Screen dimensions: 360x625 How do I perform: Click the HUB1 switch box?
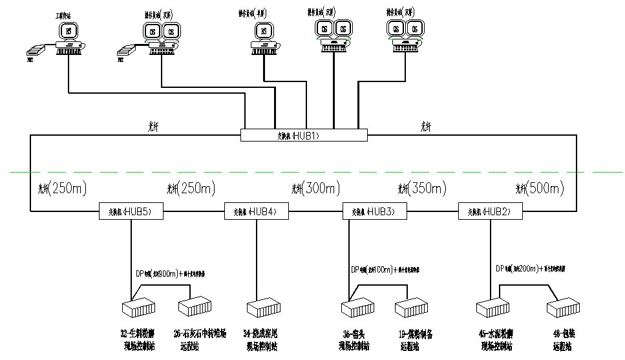(x=303, y=135)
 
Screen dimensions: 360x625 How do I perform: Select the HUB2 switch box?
(x=489, y=211)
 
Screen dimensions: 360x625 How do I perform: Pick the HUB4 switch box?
(x=256, y=211)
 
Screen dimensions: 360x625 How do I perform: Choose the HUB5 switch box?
(x=131, y=211)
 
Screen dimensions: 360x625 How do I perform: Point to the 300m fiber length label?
(x=315, y=189)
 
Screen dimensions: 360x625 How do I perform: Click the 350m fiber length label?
(x=422, y=189)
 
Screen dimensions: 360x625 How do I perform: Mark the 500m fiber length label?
(x=540, y=189)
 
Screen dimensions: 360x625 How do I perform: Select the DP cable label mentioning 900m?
(x=169, y=273)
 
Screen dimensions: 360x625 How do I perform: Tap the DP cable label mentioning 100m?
(x=385, y=269)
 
